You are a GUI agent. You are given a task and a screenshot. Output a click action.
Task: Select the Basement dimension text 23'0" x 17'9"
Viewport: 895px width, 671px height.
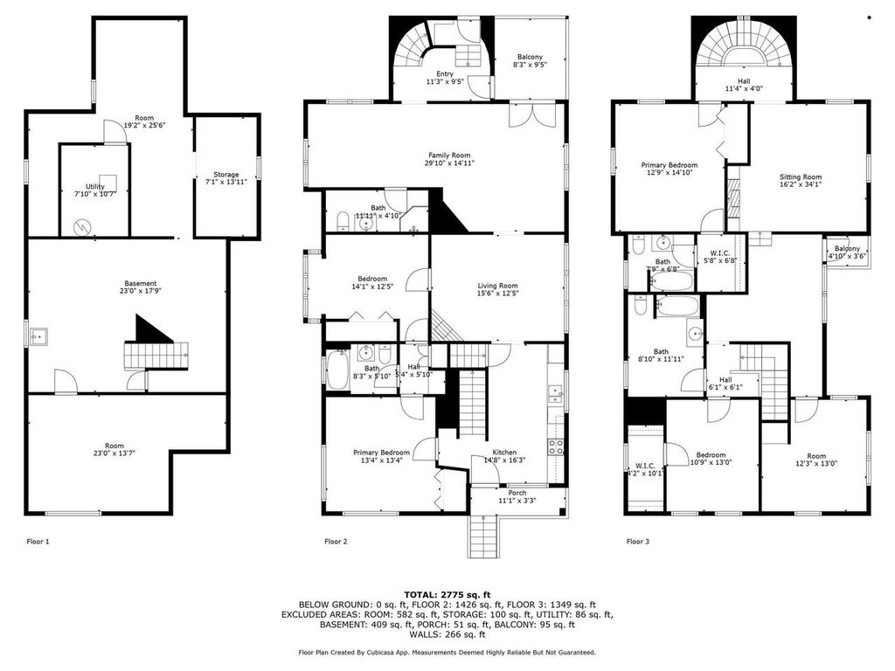(140, 293)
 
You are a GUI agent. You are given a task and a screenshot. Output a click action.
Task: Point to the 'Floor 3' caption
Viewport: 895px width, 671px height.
(638, 542)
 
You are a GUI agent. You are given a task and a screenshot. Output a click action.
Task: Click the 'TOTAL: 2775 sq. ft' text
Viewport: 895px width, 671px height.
(447, 594)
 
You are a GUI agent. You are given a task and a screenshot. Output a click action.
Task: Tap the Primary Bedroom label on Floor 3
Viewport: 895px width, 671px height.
(670, 169)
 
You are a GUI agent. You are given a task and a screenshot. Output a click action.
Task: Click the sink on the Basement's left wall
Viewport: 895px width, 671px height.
(39, 336)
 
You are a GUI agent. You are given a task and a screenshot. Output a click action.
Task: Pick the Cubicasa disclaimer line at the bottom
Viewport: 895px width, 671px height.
(447, 652)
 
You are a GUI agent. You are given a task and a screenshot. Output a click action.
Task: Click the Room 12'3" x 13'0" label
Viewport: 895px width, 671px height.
(816, 460)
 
